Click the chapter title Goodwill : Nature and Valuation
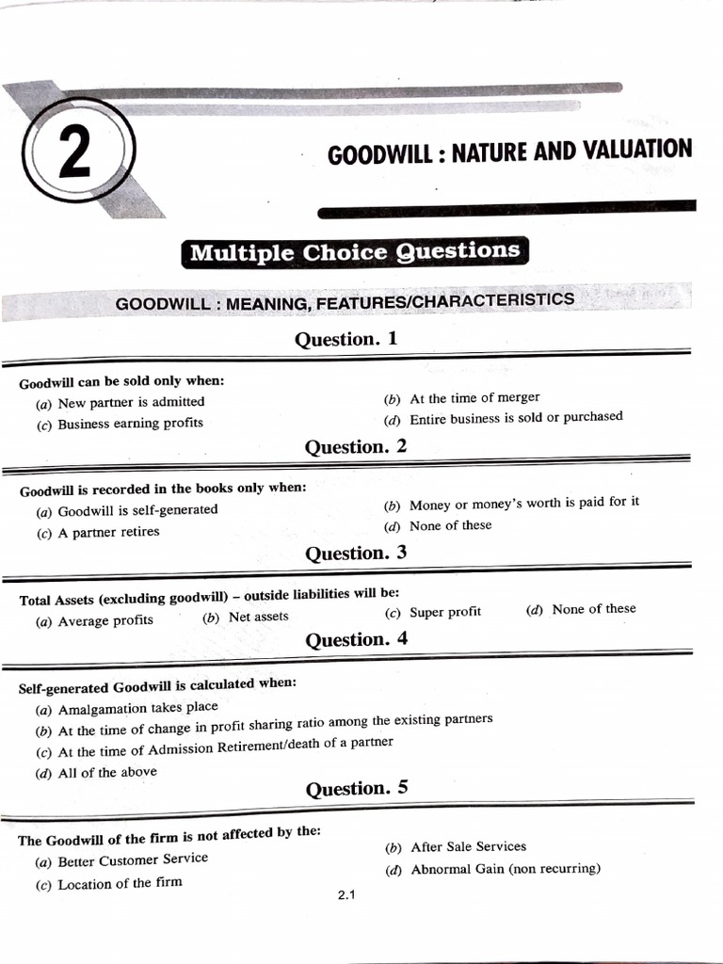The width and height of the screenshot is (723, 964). pyautogui.click(x=509, y=151)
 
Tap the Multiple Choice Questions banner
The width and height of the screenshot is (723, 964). pyautogui.click(x=354, y=251)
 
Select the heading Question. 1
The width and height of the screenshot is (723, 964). pyautogui.click(x=346, y=339)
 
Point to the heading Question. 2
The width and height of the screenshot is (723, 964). pyautogui.click(x=355, y=447)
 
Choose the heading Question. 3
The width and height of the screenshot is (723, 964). pyautogui.click(x=355, y=554)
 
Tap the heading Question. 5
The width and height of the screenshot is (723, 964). pyautogui.click(x=357, y=789)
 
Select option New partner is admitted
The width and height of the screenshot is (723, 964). pyautogui.click(x=130, y=403)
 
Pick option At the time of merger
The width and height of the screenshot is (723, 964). pyautogui.click(x=474, y=398)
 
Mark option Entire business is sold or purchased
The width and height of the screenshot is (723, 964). pyautogui.click(x=515, y=417)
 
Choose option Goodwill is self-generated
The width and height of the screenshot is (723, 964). pyautogui.click(x=137, y=510)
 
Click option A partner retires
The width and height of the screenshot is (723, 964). pyautogui.click(x=108, y=532)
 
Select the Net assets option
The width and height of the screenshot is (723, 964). pyautogui.click(x=258, y=617)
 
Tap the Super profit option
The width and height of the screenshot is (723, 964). pyautogui.click(x=444, y=612)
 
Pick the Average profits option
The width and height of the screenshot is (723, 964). pyautogui.click(x=104, y=620)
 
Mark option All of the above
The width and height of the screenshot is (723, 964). pyautogui.click(x=107, y=773)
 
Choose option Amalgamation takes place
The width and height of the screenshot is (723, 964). pyautogui.click(x=137, y=708)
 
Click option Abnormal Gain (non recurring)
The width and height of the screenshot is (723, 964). pyautogui.click(x=505, y=869)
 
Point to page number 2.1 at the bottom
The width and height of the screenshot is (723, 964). pyautogui.click(x=345, y=895)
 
